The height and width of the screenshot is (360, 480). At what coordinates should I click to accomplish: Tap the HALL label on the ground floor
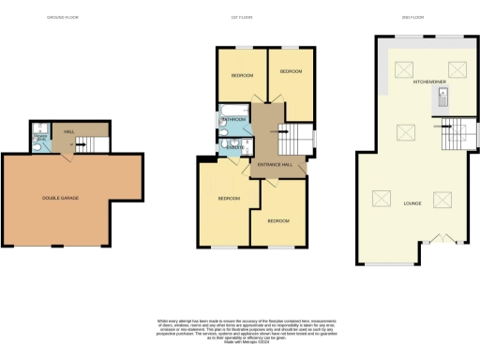(x=68, y=133)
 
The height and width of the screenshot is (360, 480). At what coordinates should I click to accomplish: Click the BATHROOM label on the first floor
(x=233, y=120)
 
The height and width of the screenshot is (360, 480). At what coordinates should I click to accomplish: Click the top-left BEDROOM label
(x=243, y=75)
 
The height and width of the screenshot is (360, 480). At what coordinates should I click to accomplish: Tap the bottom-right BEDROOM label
(x=278, y=221)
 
